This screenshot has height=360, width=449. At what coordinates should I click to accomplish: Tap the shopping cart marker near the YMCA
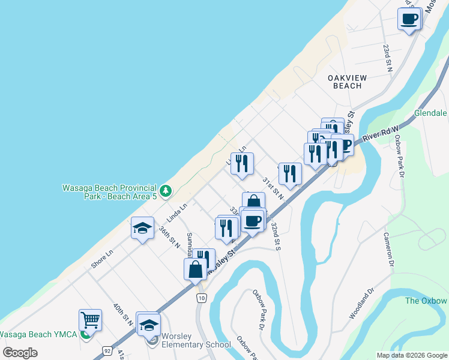[x=90, y=320]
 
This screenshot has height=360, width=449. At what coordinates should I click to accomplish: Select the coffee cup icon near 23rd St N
[x=409, y=19]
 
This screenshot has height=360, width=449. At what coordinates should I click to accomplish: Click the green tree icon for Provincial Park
[x=166, y=191]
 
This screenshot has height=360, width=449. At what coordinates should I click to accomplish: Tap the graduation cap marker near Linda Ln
[x=142, y=228]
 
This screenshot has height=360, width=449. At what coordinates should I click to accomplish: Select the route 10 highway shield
[x=201, y=298]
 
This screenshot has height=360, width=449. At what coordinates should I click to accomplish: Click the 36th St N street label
[x=170, y=236]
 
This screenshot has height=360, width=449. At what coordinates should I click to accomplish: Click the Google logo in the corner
[x=20, y=352]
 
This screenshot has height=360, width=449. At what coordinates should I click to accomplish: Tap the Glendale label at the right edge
[x=430, y=113]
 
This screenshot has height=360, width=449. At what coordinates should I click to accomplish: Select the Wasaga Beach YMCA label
[x=38, y=334]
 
